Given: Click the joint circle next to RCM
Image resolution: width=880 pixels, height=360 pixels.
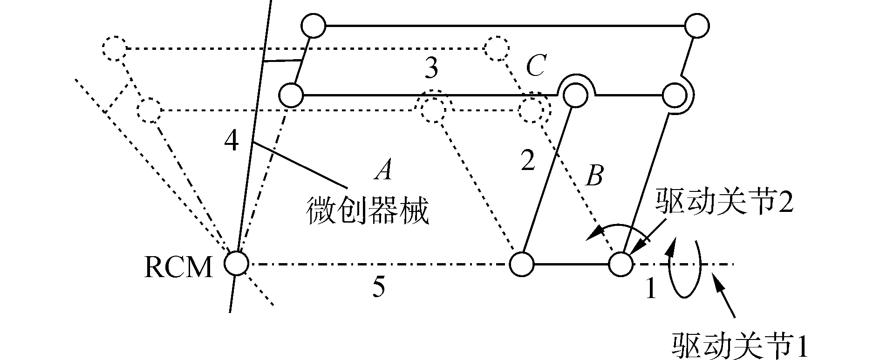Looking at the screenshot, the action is (236, 264).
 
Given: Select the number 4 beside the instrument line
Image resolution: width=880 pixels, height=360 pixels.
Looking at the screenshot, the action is (231, 140).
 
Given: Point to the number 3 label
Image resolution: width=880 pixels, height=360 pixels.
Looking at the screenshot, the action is (431, 70).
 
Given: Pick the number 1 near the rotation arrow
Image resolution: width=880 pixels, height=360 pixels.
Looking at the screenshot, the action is (650, 289).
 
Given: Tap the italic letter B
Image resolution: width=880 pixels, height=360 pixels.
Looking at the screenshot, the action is (594, 176).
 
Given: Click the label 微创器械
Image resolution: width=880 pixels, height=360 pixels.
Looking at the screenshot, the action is (367, 211).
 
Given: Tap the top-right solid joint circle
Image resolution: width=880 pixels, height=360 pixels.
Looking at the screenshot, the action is (697, 26).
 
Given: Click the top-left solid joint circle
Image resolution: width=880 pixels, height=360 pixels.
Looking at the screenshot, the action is (313, 26).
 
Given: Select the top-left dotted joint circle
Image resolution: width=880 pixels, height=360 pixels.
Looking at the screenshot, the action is (114, 48).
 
